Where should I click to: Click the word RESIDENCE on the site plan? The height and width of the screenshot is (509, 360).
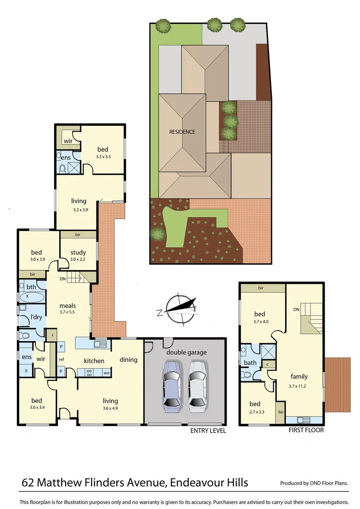coord(182,132)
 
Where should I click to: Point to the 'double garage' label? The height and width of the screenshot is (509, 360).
coord(186,353)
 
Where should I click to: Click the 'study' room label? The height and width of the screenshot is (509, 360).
coord(78,252)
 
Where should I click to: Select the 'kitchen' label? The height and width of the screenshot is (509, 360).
coord(94,361)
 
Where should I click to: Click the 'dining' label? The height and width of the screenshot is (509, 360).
coord(128,360)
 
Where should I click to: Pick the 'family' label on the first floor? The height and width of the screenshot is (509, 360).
coord(299,377)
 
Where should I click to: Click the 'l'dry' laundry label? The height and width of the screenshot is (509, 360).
coord(36,317)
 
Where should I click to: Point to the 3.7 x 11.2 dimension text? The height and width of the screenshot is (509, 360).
coord(299,386)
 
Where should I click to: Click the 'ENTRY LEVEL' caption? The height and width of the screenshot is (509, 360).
coord(208,430)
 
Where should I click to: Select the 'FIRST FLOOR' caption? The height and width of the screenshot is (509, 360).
coord(307,430)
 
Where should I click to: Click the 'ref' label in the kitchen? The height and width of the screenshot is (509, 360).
coord(62,360)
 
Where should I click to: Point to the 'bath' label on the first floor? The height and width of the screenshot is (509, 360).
coord(250,363)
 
